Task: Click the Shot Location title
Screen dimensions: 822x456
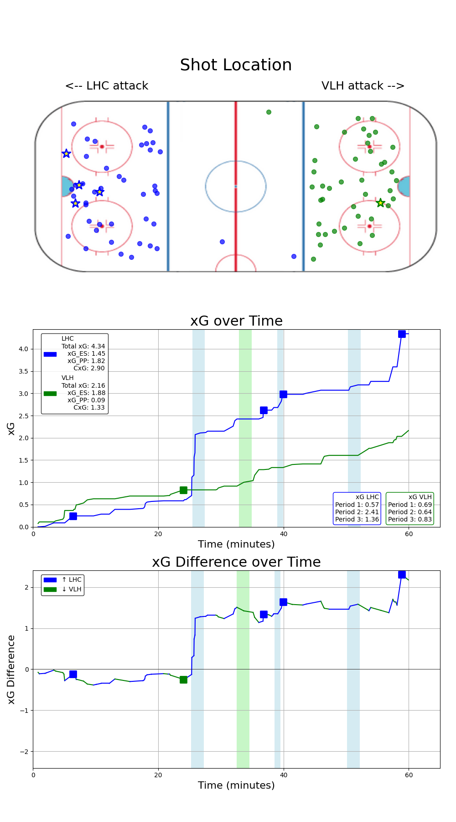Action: pos(236,65)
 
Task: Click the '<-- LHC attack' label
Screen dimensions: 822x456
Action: pos(107,86)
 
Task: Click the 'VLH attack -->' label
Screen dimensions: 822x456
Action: pos(363,86)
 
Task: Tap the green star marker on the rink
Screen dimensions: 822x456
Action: pos(380,203)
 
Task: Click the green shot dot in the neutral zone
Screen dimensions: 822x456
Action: pos(269,112)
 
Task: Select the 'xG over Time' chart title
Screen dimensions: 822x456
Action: pos(236,321)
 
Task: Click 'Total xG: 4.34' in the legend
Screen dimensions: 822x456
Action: pos(83,346)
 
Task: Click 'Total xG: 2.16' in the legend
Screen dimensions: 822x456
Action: pos(83,385)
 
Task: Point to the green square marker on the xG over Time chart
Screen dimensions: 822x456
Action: pos(183,490)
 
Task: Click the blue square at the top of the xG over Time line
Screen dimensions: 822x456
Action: pos(402,334)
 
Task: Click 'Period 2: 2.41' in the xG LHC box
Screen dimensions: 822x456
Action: pos(357,512)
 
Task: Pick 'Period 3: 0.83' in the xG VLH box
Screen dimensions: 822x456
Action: pos(410,519)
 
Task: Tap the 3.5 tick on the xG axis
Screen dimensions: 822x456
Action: pos(23,371)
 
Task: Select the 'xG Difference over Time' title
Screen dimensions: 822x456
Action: pos(236,562)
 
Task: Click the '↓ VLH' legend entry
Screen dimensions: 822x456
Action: pos(72,589)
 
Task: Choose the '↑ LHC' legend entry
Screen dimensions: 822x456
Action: pos(72,580)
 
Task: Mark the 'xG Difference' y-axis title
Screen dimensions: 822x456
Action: pos(11,669)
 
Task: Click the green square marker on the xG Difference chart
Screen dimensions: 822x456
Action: pos(183,680)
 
